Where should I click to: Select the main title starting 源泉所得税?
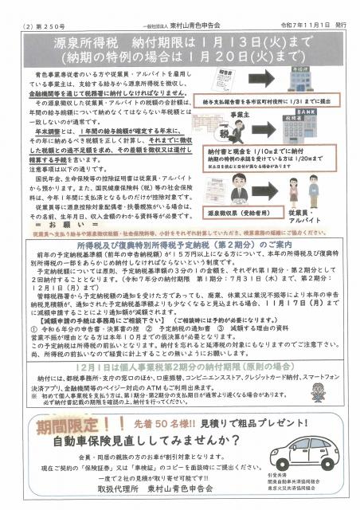(179, 37)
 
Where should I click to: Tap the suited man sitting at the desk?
(244, 195)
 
